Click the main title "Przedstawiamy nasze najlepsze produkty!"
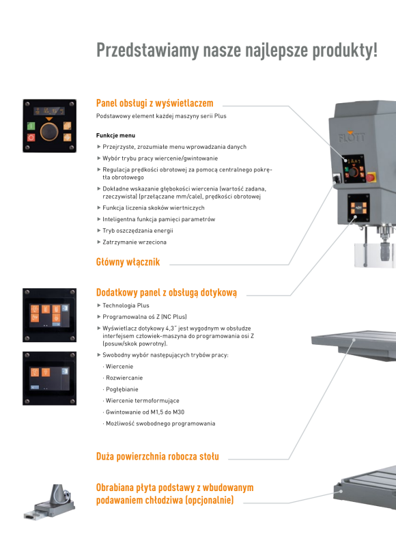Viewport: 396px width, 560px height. pyautogui.click(x=237, y=50)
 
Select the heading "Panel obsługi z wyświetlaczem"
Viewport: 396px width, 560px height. pyautogui.click(x=154, y=103)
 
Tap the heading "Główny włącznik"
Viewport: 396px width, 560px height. pyautogui.click(x=128, y=262)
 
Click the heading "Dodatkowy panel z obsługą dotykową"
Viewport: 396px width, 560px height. pyautogui.click(x=167, y=292)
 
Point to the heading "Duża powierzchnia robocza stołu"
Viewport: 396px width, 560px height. pyautogui.click(x=158, y=456)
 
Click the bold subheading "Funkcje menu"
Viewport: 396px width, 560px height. pyautogui.click(x=115, y=135)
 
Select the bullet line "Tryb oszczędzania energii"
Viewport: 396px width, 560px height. pyautogui.click(x=137, y=231)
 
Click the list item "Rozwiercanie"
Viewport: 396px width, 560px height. pyautogui.click(x=124, y=378)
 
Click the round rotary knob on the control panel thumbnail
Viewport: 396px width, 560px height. pyautogui.click(x=49, y=131)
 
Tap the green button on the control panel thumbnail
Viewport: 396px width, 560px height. pyautogui.click(x=31, y=126)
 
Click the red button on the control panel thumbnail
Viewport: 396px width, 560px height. pyautogui.click(x=31, y=137)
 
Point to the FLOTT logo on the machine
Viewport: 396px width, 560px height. pyautogui.click(x=352, y=137)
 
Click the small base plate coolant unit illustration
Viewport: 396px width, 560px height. pyautogui.click(x=50, y=502)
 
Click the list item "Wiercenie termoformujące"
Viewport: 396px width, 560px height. pyautogui.click(x=143, y=401)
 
